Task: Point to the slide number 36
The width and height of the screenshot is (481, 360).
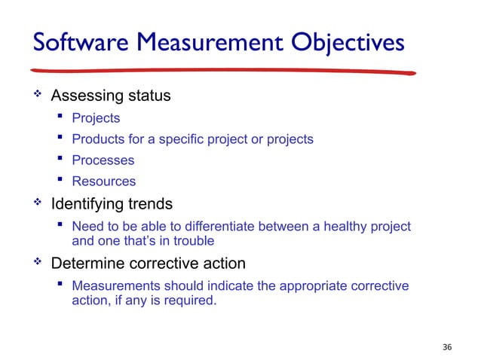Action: [447, 346]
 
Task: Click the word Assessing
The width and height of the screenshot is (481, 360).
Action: [82, 96]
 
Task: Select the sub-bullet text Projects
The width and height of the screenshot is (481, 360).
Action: [96, 118]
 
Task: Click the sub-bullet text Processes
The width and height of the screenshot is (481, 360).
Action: [103, 160]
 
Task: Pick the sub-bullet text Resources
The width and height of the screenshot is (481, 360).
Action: [103, 182]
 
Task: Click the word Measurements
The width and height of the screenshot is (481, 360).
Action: [114, 286]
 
